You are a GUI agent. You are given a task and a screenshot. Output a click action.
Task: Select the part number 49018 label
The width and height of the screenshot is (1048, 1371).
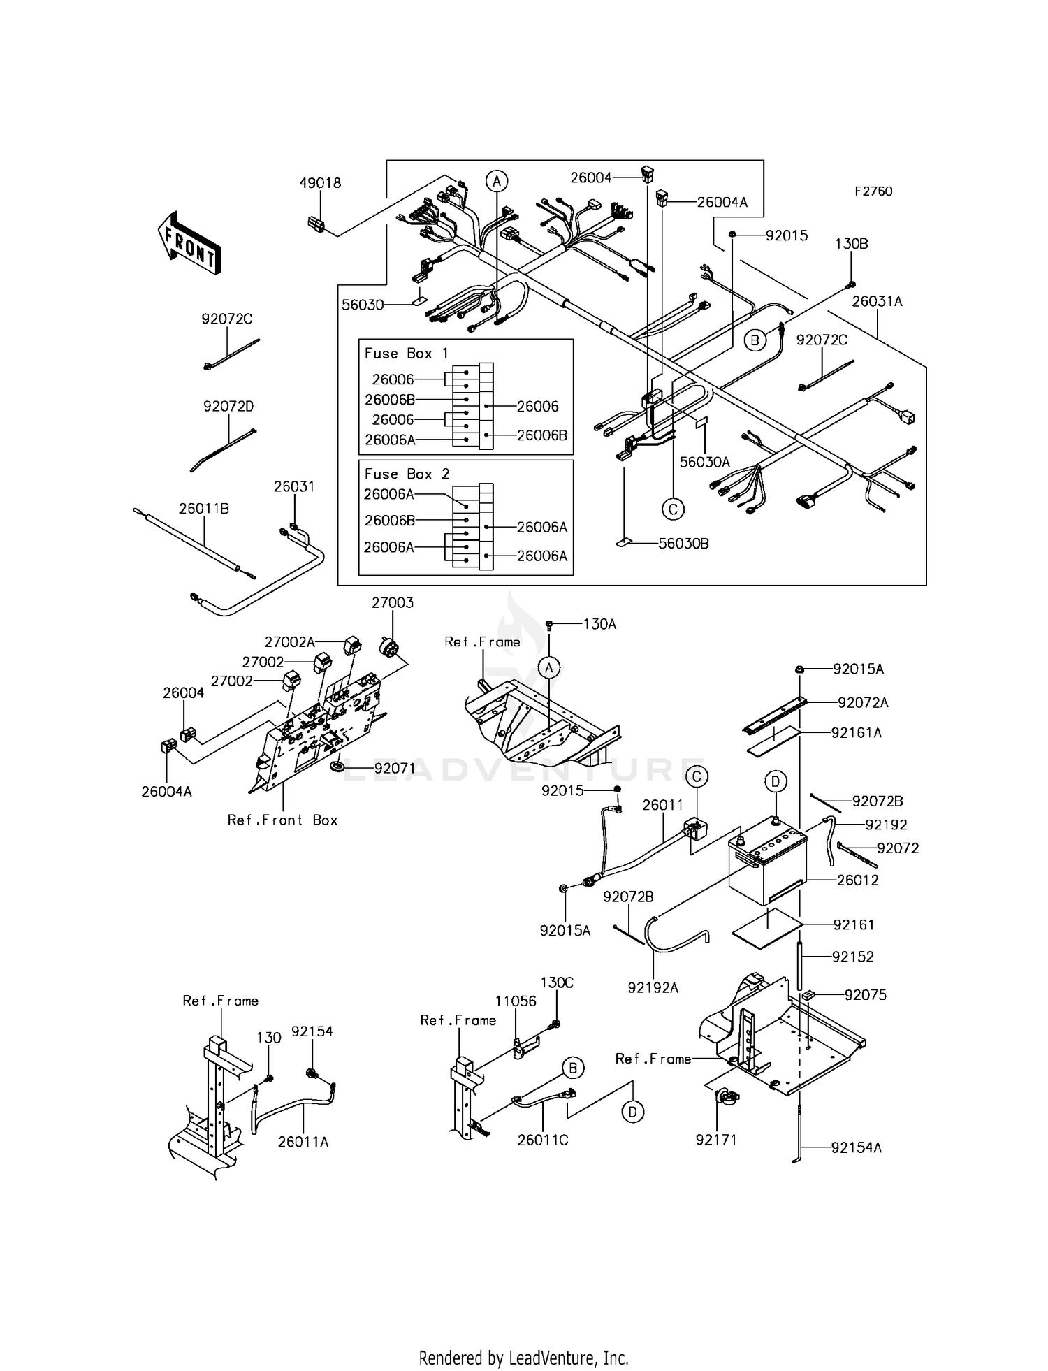coord(320,183)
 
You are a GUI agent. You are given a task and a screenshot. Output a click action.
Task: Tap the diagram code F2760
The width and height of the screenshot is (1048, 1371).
coord(873,191)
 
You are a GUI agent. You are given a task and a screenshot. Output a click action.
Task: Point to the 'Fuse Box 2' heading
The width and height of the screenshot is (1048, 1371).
coord(407,474)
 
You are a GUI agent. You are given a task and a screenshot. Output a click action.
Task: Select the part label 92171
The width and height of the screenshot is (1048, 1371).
coord(716,1140)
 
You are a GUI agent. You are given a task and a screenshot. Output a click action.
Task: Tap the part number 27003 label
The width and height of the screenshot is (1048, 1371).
coord(392,602)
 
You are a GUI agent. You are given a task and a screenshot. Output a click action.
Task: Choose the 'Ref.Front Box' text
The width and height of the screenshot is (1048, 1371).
coord(282,820)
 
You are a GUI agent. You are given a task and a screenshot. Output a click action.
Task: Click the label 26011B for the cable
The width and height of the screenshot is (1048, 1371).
coord(203,509)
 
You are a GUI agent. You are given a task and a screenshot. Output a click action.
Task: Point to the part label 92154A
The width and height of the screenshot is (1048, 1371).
coord(856,1147)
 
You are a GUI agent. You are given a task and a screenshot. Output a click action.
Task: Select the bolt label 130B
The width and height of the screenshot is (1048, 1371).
coord(852,244)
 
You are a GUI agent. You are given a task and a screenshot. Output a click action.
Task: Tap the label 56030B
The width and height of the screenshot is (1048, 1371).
coord(683,543)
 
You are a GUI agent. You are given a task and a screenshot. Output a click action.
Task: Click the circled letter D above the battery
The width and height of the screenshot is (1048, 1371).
coord(776,781)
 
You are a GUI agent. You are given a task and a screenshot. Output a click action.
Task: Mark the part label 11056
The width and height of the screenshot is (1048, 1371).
coord(516,1001)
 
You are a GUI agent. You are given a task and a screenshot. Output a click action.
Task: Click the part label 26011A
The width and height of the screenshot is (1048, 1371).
coord(303,1141)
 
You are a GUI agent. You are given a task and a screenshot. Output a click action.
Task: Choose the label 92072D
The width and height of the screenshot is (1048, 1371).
coord(228,406)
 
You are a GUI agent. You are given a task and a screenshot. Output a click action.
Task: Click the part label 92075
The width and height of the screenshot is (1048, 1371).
coord(865,994)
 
